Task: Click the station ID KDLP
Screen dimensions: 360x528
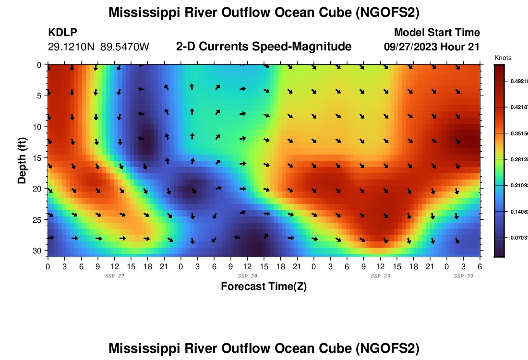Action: (x=63, y=33)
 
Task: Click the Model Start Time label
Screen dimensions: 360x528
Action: (x=437, y=33)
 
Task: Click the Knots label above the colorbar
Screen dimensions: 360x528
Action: (x=503, y=58)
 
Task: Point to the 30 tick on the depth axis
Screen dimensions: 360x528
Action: (x=39, y=251)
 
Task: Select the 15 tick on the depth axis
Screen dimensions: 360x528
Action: (x=39, y=157)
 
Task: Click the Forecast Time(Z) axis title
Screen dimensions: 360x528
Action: (x=264, y=287)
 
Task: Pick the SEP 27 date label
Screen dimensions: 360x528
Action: (x=114, y=276)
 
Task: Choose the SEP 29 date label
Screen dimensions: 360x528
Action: (x=380, y=276)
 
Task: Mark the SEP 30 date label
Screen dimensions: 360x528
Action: (x=463, y=276)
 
